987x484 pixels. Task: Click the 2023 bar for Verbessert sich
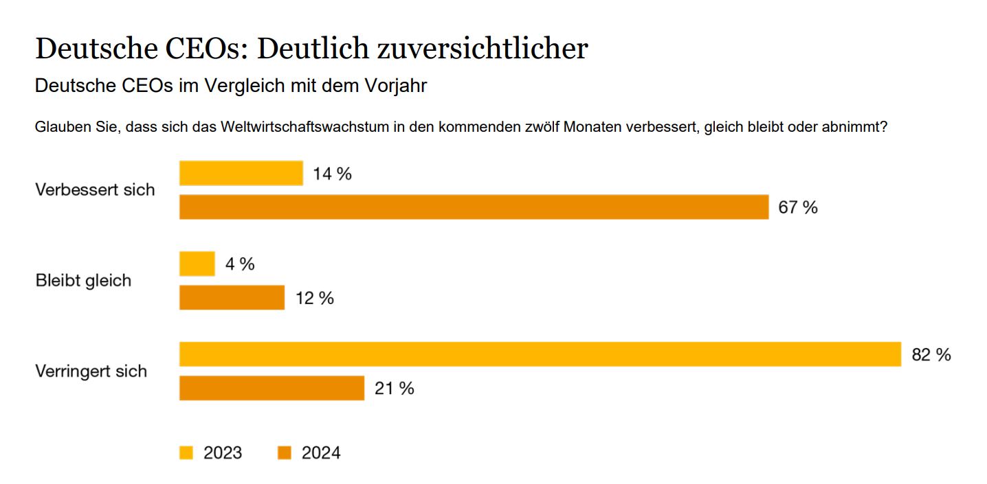coord(241,173)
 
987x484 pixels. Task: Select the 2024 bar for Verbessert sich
coord(474,207)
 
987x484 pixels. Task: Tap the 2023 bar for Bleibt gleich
coord(197,264)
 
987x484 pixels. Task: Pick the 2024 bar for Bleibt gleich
coord(232,298)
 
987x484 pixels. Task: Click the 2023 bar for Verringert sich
coord(540,354)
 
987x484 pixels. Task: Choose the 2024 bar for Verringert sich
coord(271,388)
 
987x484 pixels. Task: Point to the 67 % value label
coord(798,207)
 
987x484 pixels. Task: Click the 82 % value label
coord(931,355)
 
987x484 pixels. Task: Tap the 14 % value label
coord(332,174)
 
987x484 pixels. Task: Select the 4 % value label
coord(239,264)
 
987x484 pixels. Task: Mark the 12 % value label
coord(315,299)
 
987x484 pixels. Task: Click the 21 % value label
coord(394,389)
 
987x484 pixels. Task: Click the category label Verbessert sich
coord(95,190)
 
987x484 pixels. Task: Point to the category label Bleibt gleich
coord(83,281)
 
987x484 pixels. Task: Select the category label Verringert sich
coord(91,371)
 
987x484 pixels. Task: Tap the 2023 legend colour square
coord(186,453)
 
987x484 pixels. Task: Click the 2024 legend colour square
coord(285,453)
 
